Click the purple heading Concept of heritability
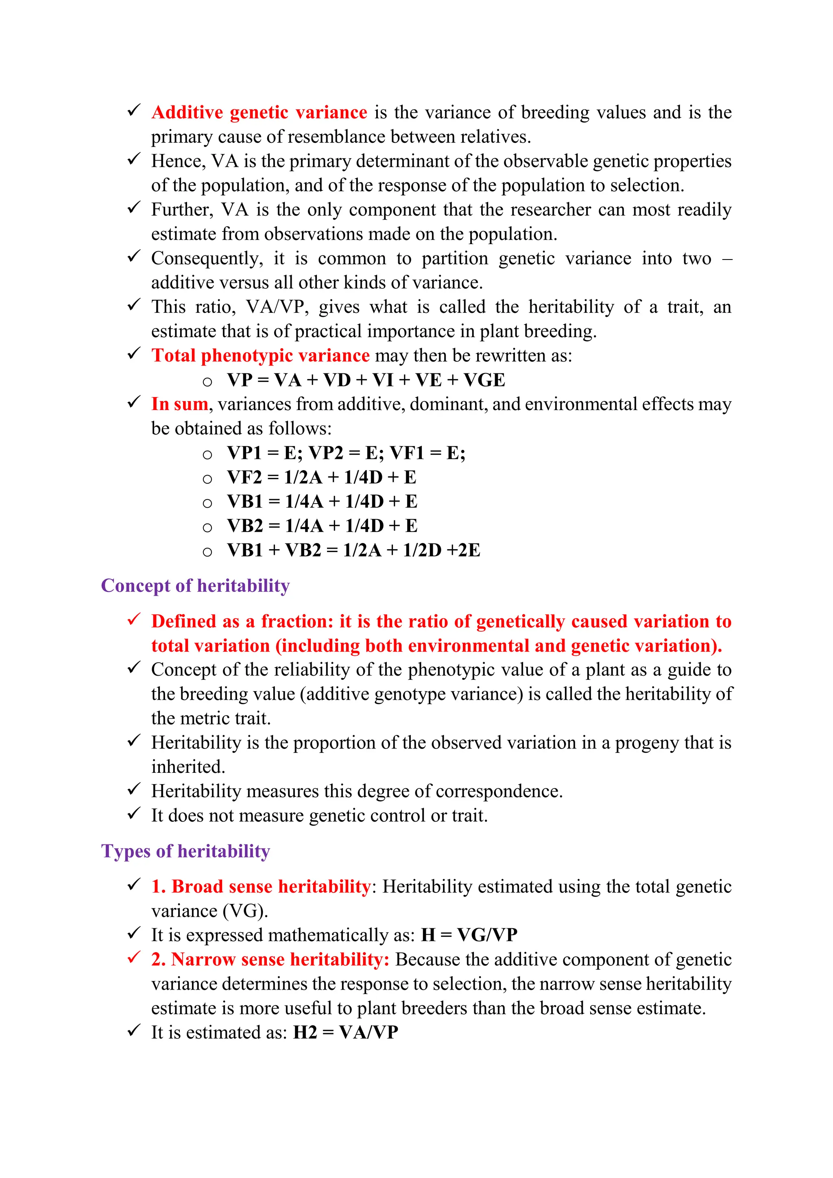(x=195, y=585)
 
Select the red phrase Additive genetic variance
(x=259, y=112)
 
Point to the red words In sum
(x=179, y=404)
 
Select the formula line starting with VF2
(x=322, y=477)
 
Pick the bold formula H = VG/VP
(x=469, y=935)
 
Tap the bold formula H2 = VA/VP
(x=345, y=1032)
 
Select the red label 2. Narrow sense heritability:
(x=270, y=960)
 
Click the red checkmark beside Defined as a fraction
(x=133, y=620)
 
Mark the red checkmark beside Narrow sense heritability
(x=133, y=958)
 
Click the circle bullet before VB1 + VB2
(x=207, y=552)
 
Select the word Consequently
(x=206, y=258)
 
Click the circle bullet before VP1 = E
(x=207, y=455)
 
